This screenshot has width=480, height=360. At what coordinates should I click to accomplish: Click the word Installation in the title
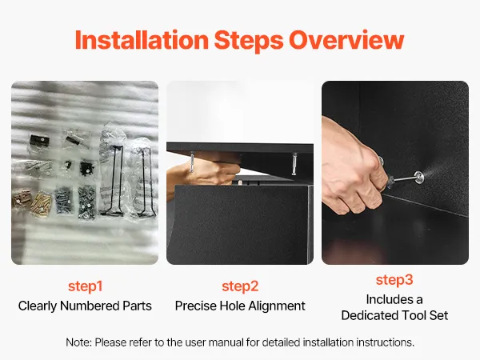pyautogui.click(x=142, y=40)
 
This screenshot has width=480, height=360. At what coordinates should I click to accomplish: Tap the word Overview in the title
pyautogui.click(x=346, y=40)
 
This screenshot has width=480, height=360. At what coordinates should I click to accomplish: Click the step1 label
pyautogui.click(x=85, y=286)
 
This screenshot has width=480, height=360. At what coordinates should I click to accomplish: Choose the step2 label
pyautogui.click(x=240, y=286)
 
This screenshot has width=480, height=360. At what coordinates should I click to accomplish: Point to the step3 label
pyautogui.click(x=394, y=280)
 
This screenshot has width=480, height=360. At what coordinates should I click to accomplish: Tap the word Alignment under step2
pyautogui.click(x=277, y=306)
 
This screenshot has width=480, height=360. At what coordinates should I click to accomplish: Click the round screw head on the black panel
pyautogui.click(x=418, y=177)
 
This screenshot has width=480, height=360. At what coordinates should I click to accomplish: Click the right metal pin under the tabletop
pyautogui.click(x=294, y=164)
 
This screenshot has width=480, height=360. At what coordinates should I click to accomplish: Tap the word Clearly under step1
pyautogui.click(x=38, y=306)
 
